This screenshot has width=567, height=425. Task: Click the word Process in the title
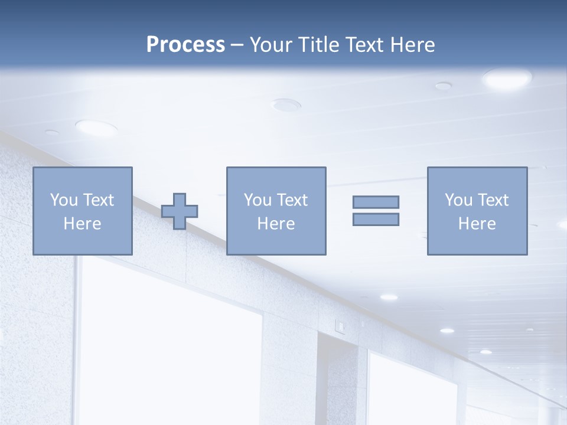coord(185,45)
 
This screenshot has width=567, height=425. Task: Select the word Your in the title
coord(272,45)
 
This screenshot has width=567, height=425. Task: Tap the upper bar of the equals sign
coord(376,202)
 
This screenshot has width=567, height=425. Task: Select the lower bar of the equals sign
coord(376,219)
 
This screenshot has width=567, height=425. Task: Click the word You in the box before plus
coord(63,200)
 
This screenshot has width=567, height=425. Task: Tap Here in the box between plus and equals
coord(276,224)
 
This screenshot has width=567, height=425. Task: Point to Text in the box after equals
coord(493,200)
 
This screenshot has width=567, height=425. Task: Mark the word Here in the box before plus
coord(83,224)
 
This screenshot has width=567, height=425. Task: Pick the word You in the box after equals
coord(458,200)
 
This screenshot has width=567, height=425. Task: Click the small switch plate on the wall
coord(340,324)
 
